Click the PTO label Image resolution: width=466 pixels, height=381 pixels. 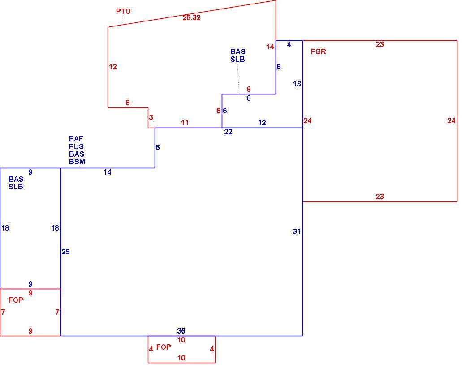coord(123,11)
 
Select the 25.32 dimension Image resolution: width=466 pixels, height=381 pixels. coord(191,17)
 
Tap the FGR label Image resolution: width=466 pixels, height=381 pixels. coord(318,51)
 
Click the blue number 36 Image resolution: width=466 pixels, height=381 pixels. coord(181,331)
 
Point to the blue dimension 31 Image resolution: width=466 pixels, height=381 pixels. coord(297,231)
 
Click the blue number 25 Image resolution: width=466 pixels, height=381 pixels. coord(66,252)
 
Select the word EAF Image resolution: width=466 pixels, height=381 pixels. coord(76,139)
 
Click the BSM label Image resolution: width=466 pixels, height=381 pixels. coord(77,162)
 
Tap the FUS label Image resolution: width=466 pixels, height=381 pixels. coord(76,146)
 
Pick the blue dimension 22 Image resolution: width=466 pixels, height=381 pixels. coord(228,132)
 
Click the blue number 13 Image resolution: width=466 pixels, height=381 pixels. coord(297,84)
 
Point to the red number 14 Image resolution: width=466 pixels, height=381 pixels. coord(270,47)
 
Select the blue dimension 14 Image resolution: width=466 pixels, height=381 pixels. coord(108,172)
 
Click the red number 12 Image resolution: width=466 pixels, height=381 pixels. coord(113,67)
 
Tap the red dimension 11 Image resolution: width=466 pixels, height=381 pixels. coord(185,123)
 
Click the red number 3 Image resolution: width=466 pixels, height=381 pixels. coord(151,117)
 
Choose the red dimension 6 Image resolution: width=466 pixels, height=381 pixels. coord(128,103)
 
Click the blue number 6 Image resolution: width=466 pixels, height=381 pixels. coord(158,147)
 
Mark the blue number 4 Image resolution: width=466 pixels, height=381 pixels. coord(289,44)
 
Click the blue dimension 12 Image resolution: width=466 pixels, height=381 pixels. coord(262,123)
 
